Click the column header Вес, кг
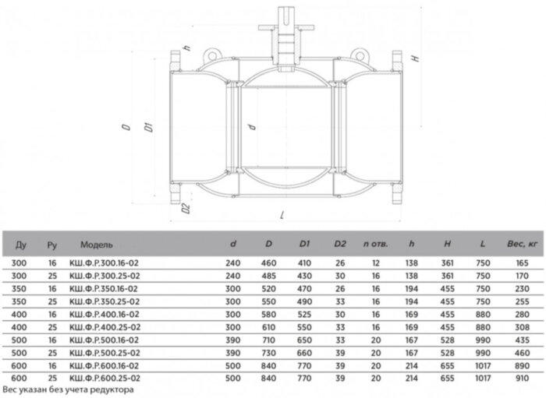tap(522, 244)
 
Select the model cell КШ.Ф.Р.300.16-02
tap(104, 263)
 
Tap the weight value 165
tap(522, 263)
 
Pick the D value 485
tap(268, 276)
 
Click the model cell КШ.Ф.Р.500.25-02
tap(105, 353)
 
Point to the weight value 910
tap(522, 379)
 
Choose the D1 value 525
tap(304, 315)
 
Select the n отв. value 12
tap(375, 263)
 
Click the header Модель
tap(97, 245)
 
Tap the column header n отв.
tap(375, 244)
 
